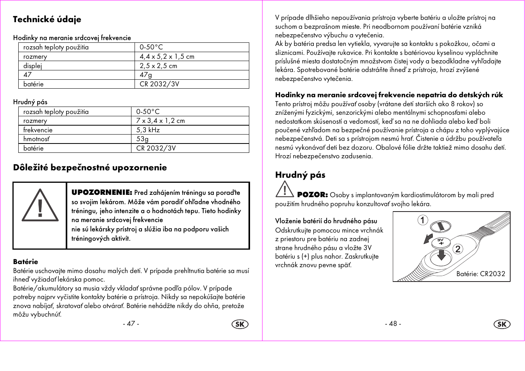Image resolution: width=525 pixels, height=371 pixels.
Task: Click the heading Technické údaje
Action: pos(47,19)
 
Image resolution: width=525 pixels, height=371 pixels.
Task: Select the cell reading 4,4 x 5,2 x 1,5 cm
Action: pos(167,56)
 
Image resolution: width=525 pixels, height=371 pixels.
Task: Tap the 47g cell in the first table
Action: pos(146,75)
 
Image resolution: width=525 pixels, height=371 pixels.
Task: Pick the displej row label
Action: pos(33,66)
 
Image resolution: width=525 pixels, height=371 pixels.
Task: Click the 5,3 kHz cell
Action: pos(148,130)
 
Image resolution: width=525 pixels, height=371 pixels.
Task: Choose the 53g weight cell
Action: pos(142,139)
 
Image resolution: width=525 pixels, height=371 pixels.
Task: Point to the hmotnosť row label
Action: pos(37,139)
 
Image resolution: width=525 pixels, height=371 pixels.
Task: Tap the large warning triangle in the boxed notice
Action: pos(40,206)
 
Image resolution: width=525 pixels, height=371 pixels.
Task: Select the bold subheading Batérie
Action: pos(26,262)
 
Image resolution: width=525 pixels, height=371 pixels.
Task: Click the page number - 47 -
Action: pos(131,324)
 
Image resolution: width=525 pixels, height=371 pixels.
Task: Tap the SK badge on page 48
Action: pos(502,324)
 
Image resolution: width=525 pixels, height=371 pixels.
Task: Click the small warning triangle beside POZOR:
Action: pos(285,189)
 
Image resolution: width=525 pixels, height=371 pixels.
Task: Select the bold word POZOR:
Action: pos(312,195)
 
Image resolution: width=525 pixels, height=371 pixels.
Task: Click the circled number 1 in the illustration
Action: pos(423,220)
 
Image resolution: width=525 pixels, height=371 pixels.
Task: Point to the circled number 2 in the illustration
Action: pos(458,249)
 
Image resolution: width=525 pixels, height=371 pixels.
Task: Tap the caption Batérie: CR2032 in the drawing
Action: pos(481,274)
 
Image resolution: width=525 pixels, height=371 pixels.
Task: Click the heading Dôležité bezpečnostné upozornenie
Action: pos(90,168)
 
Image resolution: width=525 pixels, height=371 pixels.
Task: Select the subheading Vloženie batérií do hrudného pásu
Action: pos(326,221)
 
